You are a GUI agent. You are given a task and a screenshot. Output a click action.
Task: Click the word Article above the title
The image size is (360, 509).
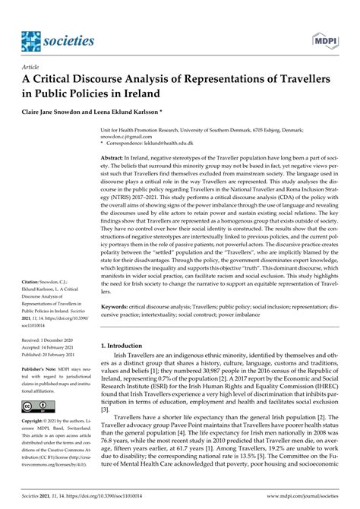30,68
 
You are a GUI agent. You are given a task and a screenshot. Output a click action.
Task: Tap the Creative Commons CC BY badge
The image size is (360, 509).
32,384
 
